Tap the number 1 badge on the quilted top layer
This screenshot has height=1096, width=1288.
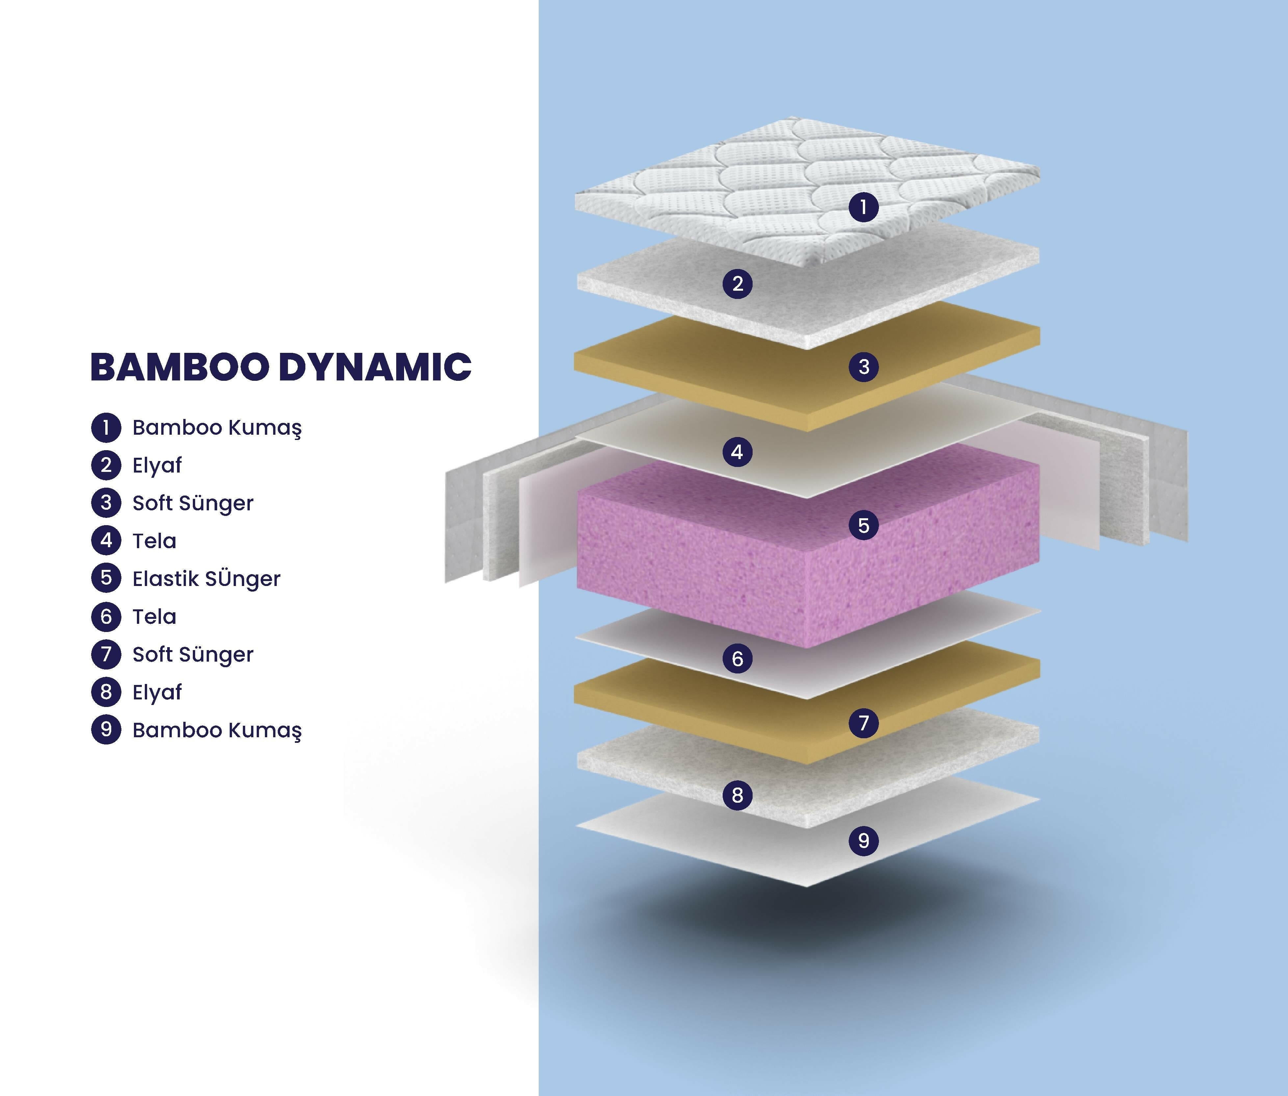[863, 207]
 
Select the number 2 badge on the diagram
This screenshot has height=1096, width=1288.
[738, 284]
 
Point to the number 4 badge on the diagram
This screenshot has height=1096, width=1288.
[737, 452]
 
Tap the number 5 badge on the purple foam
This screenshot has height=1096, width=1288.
[863, 525]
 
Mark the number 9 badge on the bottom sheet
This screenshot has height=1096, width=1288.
[863, 840]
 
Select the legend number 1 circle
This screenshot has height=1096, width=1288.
[106, 427]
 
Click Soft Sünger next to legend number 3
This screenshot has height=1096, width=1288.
[193, 503]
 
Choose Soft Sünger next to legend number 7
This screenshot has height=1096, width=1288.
[193, 655]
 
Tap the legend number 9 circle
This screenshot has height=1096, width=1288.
[106, 730]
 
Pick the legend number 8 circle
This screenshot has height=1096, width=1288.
[106, 692]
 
